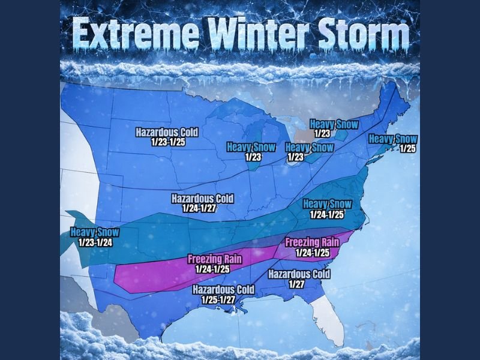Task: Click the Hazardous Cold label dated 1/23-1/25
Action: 166,136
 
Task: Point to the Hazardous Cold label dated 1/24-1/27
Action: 202,202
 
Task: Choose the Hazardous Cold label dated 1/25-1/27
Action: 223,294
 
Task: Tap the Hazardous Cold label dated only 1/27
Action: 298,278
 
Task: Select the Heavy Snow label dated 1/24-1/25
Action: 327,208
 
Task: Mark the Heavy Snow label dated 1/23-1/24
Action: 94,237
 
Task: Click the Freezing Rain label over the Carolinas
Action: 312,247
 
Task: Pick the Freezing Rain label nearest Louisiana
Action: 215,264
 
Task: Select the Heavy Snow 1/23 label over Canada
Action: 334,128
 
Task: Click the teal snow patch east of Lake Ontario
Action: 340,135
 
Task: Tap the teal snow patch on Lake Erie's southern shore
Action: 312,157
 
